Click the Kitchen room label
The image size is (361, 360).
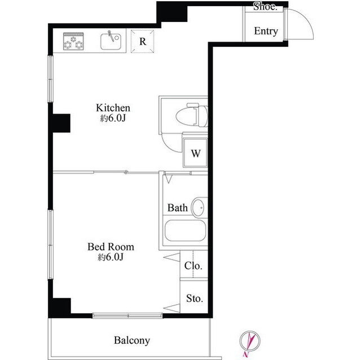coord(113,108)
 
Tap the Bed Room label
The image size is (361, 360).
coord(111,247)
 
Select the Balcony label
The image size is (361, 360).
coord(132,340)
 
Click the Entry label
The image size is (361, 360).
coord(266,31)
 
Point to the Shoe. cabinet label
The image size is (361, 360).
coord(265,7)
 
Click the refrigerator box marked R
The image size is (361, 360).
coord(142,41)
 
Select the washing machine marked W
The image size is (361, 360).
coord(195,153)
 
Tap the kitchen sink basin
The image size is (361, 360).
coord(111,42)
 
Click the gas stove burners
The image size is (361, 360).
coord(73,41)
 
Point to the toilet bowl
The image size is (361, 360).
coord(192,116)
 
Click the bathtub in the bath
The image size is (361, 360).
coord(185,230)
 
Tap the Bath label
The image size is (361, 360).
coord(178,208)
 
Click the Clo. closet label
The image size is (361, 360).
coord(193,266)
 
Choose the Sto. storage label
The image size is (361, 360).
coord(195,299)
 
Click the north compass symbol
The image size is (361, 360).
coord(249,341)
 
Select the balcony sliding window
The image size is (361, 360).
coord(127,315)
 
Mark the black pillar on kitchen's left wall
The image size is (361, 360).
coord(61,123)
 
